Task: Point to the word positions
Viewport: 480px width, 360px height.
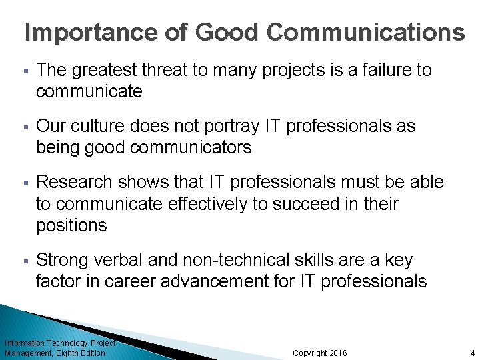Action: coord(71,225)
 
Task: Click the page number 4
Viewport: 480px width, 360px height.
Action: coord(471,353)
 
